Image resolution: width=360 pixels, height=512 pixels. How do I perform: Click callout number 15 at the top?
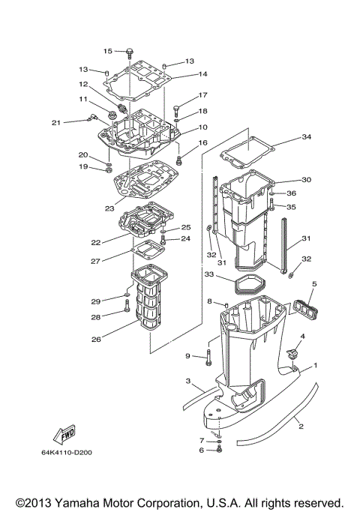coord(107,51)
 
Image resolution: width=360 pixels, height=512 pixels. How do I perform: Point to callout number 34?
coord(305,137)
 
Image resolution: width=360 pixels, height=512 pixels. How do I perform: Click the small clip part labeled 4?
coord(293,353)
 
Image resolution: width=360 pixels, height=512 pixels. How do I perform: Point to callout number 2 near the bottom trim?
coord(301,427)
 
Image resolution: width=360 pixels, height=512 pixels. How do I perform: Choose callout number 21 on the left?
coord(55,123)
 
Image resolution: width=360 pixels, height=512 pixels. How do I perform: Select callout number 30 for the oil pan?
coord(305,180)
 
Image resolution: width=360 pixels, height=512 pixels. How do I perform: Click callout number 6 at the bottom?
coord(201,451)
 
